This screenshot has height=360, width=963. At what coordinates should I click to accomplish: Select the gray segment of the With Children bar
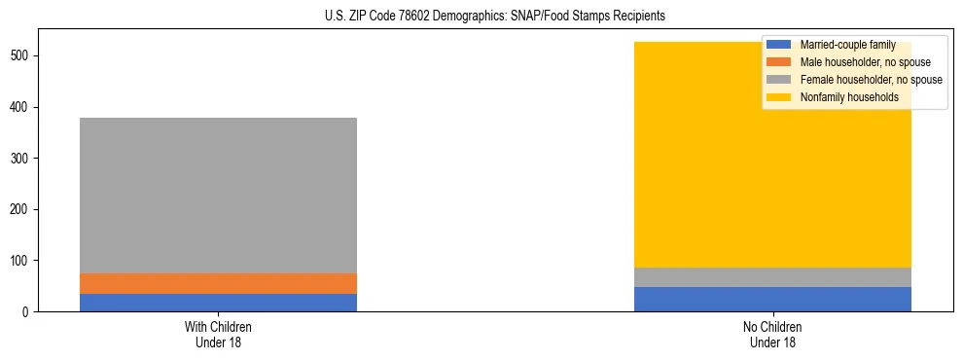(x=218, y=195)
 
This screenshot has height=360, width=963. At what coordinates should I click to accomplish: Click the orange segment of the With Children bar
(x=218, y=283)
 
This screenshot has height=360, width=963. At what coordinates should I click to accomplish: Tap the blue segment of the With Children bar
(x=218, y=303)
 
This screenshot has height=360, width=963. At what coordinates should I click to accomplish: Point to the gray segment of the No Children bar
(x=772, y=277)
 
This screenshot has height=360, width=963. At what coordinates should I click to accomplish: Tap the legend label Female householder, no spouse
(x=871, y=80)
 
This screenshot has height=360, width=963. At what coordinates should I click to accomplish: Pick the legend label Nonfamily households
(x=842, y=97)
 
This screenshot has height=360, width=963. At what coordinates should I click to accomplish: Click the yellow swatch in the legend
(x=778, y=97)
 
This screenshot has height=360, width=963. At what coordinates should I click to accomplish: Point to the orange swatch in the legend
(x=778, y=62)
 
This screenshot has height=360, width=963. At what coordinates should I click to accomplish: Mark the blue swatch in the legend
(x=778, y=45)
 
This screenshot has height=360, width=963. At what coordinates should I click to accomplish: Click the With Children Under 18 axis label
(x=218, y=334)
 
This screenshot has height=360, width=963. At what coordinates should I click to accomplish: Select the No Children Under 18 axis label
(x=772, y=334)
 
